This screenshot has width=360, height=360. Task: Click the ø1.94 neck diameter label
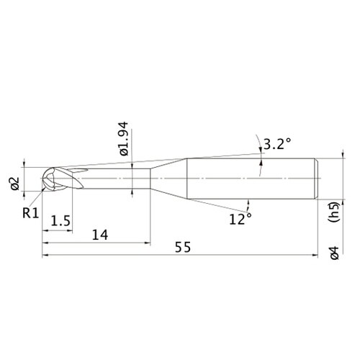[x=125, y=139]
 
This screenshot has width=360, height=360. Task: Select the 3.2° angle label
[x=277, y=144]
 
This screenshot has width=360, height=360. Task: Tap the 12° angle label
[x=240, y=219]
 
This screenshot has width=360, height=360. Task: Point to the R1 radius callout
[x=30, y=213]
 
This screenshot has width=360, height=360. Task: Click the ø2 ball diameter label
[x=15, y=184]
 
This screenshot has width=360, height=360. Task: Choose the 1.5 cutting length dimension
[x=60, y=221]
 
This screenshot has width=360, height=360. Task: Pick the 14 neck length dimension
[x=100, y=235]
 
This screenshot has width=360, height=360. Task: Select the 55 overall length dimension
[x=183, y=247]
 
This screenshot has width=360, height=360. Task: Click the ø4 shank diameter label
[x=335, y=253]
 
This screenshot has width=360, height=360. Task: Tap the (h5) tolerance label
[x=334, y=212]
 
